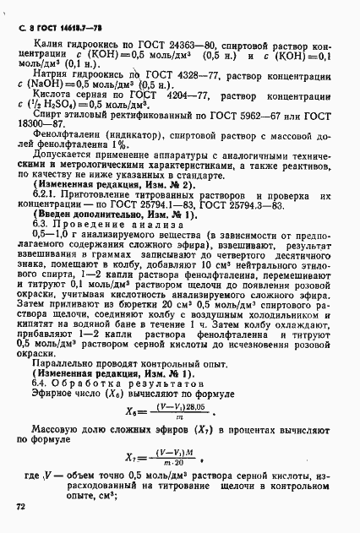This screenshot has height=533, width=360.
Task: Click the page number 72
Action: click(x=21, y=507)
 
